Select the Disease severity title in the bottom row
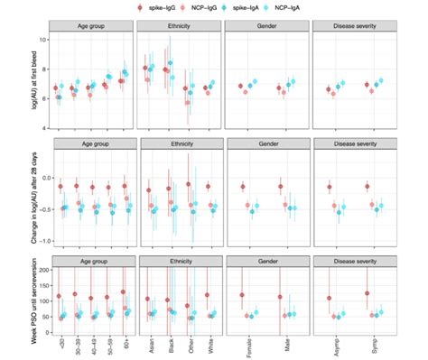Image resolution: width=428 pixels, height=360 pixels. [x=353, y=263]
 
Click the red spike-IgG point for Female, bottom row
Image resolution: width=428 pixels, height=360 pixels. [x=242, y=295]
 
